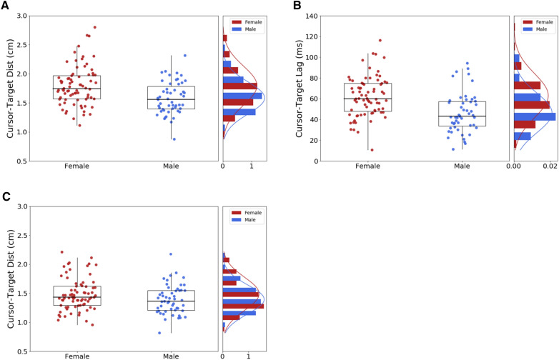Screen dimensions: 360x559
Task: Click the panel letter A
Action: tap(6, 6)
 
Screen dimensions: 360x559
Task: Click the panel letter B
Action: tap(296, 6)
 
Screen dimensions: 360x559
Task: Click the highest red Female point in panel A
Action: tap(94, 27)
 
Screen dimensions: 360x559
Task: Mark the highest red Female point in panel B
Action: tap(380, 40)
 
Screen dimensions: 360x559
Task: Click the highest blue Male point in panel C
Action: tap(170, 254)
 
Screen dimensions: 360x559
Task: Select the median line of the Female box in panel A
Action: tap(76, 88)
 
